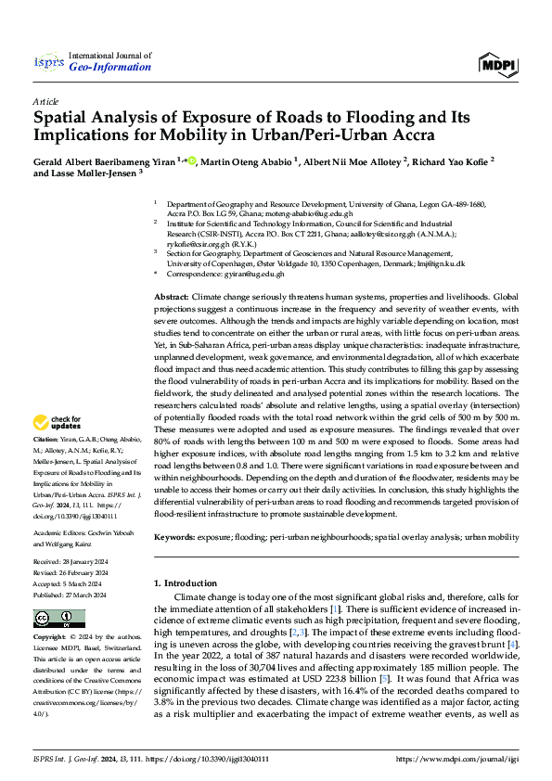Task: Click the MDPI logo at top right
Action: click(x=498, y=62)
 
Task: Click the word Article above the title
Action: click(x=45, y=101)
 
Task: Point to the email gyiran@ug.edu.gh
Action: click(x=254, y=275)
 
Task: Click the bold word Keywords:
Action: click(x=175, y=536)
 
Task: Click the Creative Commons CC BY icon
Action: click(x=59, y=619)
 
